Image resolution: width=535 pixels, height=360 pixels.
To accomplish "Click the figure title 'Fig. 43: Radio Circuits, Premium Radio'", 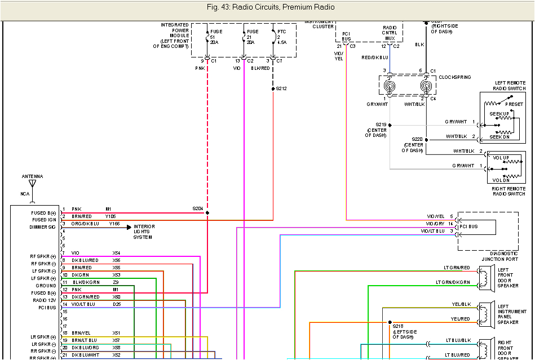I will pyautogui.click(x=270, y=7).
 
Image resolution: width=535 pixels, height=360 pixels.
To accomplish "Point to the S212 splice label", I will pyautogui.click(x=281, y=88).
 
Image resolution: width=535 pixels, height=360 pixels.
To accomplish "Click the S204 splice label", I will pyautogui.click(x=198, y=208).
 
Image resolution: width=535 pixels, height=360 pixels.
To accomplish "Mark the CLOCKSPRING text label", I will pyautogui.click(x=454, y=77).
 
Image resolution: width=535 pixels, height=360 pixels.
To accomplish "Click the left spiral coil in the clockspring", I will pyautogui.click(x=390, y=86).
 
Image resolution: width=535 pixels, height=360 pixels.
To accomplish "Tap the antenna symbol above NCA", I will pyautogui.click(x=32, y=184).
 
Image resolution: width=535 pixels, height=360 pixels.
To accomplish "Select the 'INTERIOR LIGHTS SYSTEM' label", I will pyautogui.click(x=144, y=232).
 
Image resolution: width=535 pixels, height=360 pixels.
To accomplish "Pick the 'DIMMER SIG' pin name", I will pyautogui.click(x=43, y=227).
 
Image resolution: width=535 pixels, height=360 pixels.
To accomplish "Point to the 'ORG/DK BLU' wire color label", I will pyautogui.click(x=85, y=224).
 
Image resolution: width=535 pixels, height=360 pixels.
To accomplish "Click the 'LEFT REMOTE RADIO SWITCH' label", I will pyautogui.click(x=510, y=86).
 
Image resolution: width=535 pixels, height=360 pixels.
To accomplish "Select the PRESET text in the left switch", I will pyautogui.click(x=514, y=104).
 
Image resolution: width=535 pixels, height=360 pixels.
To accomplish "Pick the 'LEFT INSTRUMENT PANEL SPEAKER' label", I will pyautogui.click(x=512, y=314).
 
